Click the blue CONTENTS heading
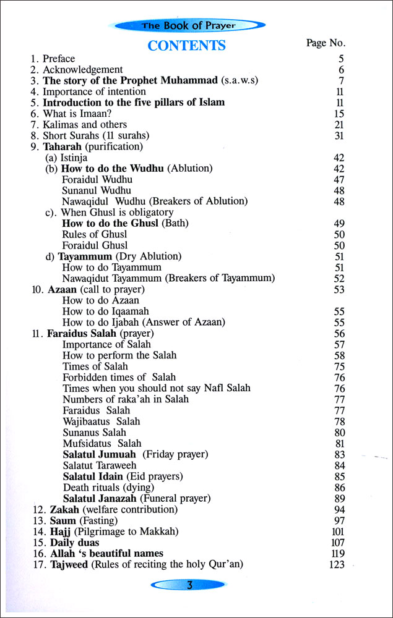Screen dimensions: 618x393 pos(186,45)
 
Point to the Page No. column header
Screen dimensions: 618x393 pos(326,43)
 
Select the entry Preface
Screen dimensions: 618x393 pos(58,59)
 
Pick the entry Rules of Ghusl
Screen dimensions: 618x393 pos(95,234)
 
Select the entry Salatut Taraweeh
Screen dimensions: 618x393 pos(100,465)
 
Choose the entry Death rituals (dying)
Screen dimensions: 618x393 pos(108,487)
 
